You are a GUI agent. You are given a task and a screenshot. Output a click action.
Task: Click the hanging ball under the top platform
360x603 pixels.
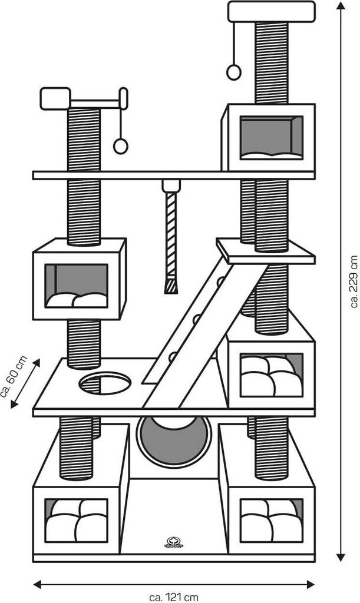click(234, 72)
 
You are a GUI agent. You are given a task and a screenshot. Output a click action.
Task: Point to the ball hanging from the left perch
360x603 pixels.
click(121, 146)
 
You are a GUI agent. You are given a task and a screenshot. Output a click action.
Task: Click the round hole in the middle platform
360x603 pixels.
click(105, 383)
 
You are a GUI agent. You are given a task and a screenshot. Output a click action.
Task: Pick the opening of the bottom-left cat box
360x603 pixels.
click(77, 521)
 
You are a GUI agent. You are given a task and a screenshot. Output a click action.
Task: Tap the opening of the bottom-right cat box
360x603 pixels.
click(272, 521)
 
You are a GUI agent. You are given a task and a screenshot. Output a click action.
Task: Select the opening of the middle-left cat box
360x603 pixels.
click(77, 286)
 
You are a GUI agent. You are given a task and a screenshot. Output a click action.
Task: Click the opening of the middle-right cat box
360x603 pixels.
click(272, 375)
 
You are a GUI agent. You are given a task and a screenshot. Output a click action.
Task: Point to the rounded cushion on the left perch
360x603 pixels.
click(55, 98)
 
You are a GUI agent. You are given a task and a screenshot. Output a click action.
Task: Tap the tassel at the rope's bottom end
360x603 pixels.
click(171, 287)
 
